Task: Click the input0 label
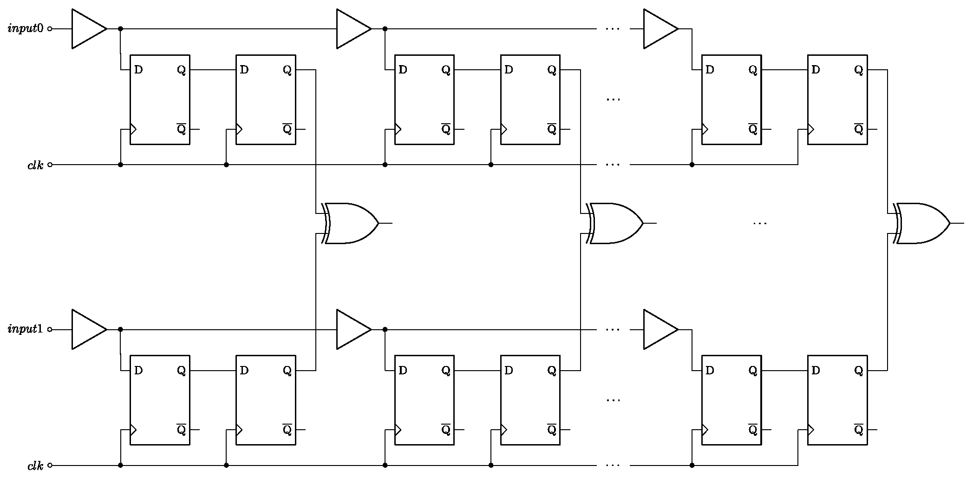tap(26, 29)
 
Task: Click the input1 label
tap(26, 329)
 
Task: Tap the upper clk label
tap(35, 165)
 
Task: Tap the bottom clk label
tap(35, 466)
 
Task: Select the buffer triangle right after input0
tap(87, 29)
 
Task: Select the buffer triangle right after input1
tap(87, 329)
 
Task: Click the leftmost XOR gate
tap(351, 223)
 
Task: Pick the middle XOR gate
tap(615, 223)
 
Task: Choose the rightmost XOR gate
tap(922, 223)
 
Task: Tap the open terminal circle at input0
tap(50, 29)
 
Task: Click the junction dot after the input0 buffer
tap(120, 29)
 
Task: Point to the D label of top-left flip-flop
tap(138, 70)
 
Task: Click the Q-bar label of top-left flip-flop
tap(182, 129)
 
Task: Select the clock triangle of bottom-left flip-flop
tap(133, 430)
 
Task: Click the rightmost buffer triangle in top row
tap(659, 29)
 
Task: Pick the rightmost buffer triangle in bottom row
tap(659, 329)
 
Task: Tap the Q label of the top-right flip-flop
tap(859, 70)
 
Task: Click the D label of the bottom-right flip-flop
tap(816, 371)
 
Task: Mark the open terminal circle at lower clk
tap(50, 465)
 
